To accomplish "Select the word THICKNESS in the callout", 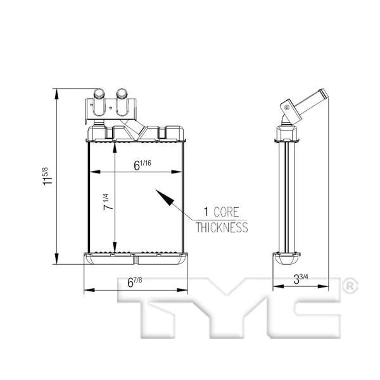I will click(221, 227).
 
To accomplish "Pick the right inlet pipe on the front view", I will click(122, 101).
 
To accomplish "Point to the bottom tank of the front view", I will click(136, 259).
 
